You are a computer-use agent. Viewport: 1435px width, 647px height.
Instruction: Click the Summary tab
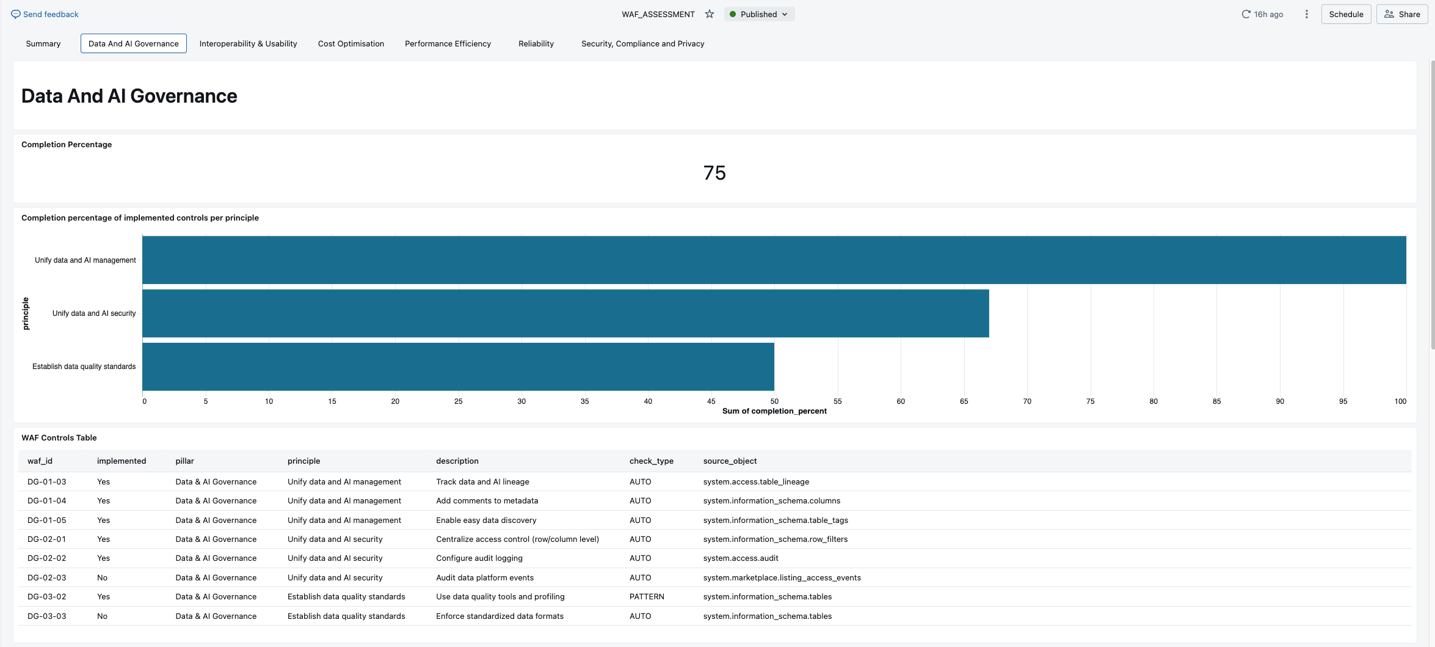(x=43, y=43)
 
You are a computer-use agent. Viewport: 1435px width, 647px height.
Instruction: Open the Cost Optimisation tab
(x=351, y=43)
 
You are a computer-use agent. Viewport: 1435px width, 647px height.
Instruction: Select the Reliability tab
(x=536, y=43)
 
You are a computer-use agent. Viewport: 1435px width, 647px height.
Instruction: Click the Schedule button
(x=1345, y=14)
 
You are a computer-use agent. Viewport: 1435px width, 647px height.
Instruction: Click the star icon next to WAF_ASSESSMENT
(x=709, y=14)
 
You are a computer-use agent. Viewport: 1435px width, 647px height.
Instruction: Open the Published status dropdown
(x=759, y=14)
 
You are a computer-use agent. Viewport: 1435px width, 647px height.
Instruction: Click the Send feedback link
(x=45, y=14)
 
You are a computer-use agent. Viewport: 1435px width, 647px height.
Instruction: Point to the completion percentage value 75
(x=714, y=173)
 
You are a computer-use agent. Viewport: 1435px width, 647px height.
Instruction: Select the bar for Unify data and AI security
(x=565, y=313)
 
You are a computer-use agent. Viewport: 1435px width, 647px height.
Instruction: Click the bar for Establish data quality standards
(x=458, y=367)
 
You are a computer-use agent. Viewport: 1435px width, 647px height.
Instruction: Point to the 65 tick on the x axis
(x=964, y=401)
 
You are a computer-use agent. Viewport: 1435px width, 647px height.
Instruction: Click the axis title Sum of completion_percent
(x=774, y=411)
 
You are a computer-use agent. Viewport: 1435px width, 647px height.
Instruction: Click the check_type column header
(x=651, y=461)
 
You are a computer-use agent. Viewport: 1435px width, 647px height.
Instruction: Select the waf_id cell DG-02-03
(x=46, y=577)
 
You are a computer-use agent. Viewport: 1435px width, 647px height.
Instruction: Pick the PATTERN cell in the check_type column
(x=646, y=597)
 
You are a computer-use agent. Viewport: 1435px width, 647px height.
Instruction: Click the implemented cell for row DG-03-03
(x=102, y=616)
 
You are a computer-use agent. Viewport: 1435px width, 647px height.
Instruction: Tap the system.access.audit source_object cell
(x=740, y=558)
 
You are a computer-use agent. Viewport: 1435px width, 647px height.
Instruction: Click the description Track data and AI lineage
(x=482, y=482)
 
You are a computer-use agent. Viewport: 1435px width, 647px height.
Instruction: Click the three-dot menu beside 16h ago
(x=1306, y=14)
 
